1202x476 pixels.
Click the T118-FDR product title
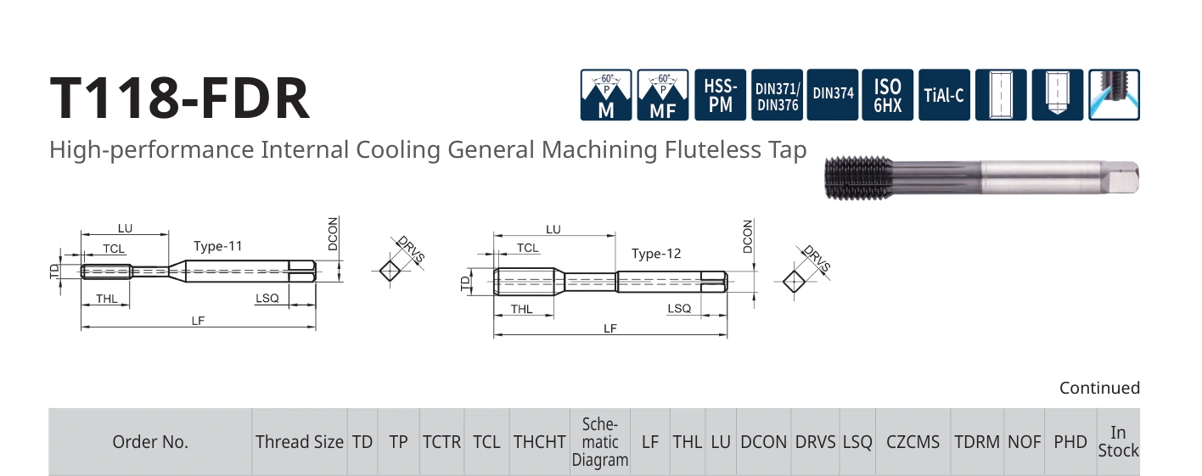click(180, 98)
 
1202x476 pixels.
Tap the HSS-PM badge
click(720, 95)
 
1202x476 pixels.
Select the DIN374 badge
click(833, 95)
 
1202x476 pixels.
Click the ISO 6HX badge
click(888, 95)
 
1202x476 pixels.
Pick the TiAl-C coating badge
click(944, 95)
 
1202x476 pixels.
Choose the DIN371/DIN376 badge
click(777, 95)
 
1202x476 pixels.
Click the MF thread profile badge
click(663, 95)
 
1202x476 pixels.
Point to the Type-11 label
click(218, 246)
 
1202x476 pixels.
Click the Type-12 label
click(655, 254)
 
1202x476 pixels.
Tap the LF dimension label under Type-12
click(610, 328)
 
